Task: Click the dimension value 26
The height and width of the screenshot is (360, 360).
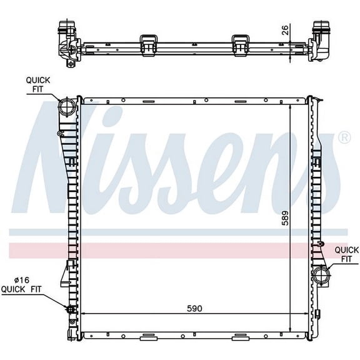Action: [x=284, y=30]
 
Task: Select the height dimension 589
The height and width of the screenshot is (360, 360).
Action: [x=285, y=217]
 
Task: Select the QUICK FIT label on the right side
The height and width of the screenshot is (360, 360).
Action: [x=347, y=254]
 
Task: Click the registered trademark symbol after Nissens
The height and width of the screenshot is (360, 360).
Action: [x=344, y=137]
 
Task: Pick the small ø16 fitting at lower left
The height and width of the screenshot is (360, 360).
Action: [x=69, y=309]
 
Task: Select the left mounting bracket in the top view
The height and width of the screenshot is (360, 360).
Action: [x=148, y=44]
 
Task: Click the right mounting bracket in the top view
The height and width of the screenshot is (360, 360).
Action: [x=241, y=44]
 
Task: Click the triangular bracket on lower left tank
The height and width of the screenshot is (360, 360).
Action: [x=66, y=275]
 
